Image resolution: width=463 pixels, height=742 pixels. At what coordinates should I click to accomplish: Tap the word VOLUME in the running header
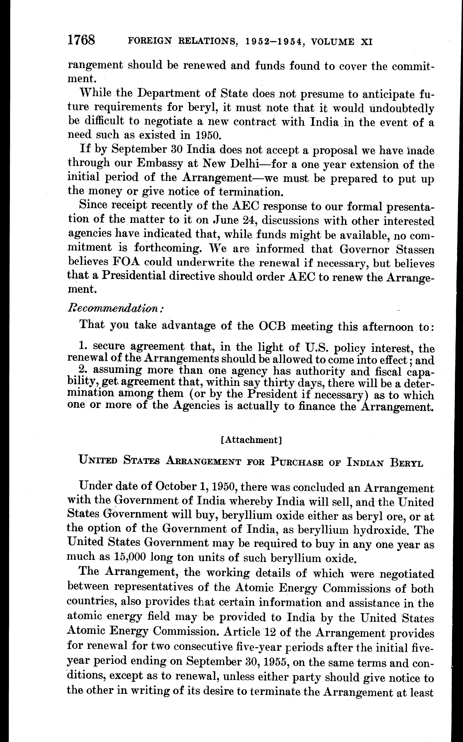tap(332, 42)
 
